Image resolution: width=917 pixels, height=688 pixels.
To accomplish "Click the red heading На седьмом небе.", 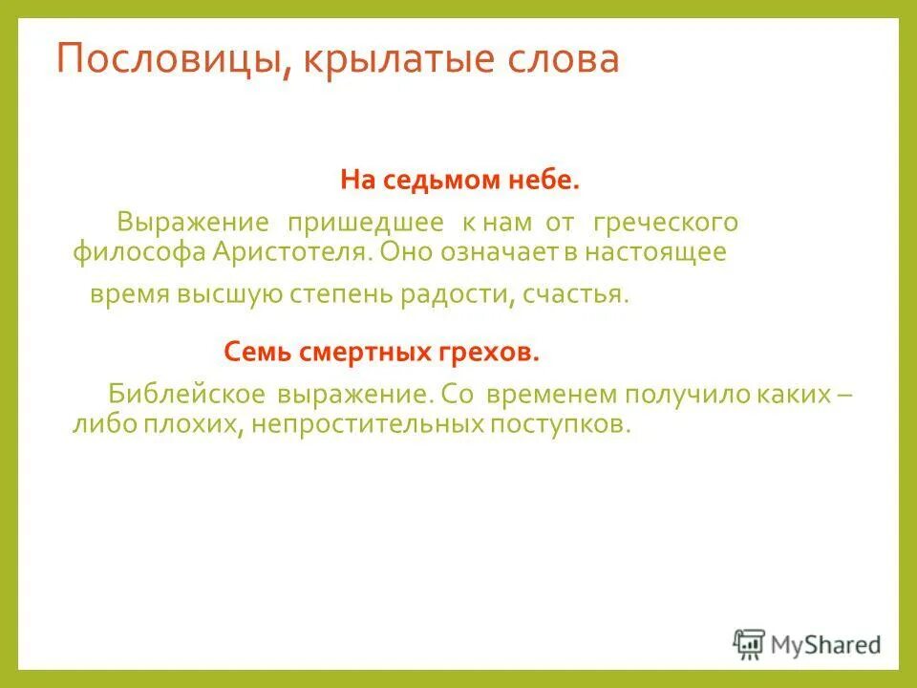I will coord(459,180).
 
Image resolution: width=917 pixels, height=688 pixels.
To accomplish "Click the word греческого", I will coord(666,224).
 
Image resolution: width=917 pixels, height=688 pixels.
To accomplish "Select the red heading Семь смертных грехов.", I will coord(382,352).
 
